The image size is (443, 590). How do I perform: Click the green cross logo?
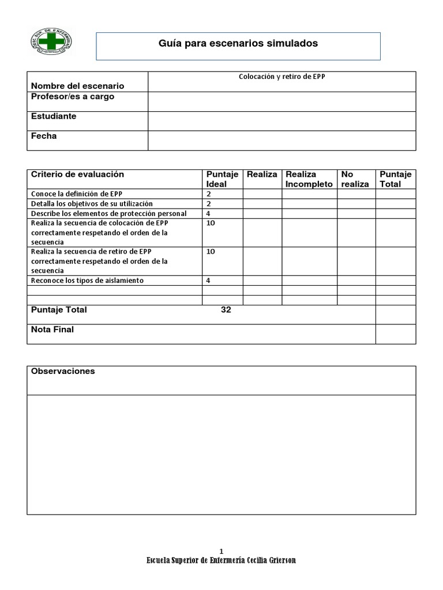[x=51, y=44]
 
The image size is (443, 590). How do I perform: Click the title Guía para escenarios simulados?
[x=238, y=43]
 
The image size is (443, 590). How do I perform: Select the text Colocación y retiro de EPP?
[x=281, y=76]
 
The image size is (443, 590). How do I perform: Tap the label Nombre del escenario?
[x=77, y=86]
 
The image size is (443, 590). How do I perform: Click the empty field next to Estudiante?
[x=281, y=121]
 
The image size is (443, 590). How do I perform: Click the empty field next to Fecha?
[x=281, y=141]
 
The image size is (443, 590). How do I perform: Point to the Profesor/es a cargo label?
[x=73, y=97]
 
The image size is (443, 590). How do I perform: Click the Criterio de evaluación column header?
[x=77, y=175]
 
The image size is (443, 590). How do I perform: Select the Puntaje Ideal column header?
[x=222, y=179]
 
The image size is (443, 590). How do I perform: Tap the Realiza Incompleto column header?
[x=309, y=179]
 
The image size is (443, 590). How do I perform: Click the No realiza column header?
[x=355, y=179]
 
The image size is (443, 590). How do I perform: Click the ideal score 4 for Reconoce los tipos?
[x=208, y=281]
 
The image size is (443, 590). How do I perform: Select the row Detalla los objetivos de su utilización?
[x=92, y=204]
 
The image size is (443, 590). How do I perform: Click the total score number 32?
[x=226, y=310]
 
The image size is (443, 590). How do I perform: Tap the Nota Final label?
[x=52, y=330]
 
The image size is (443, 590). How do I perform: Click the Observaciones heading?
[x=63, y=372]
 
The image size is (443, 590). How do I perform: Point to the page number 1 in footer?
[x=221, y=551]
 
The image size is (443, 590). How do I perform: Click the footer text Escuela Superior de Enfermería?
[x=221, y=561]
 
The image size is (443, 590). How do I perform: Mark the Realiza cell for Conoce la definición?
[x=262, y=194]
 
